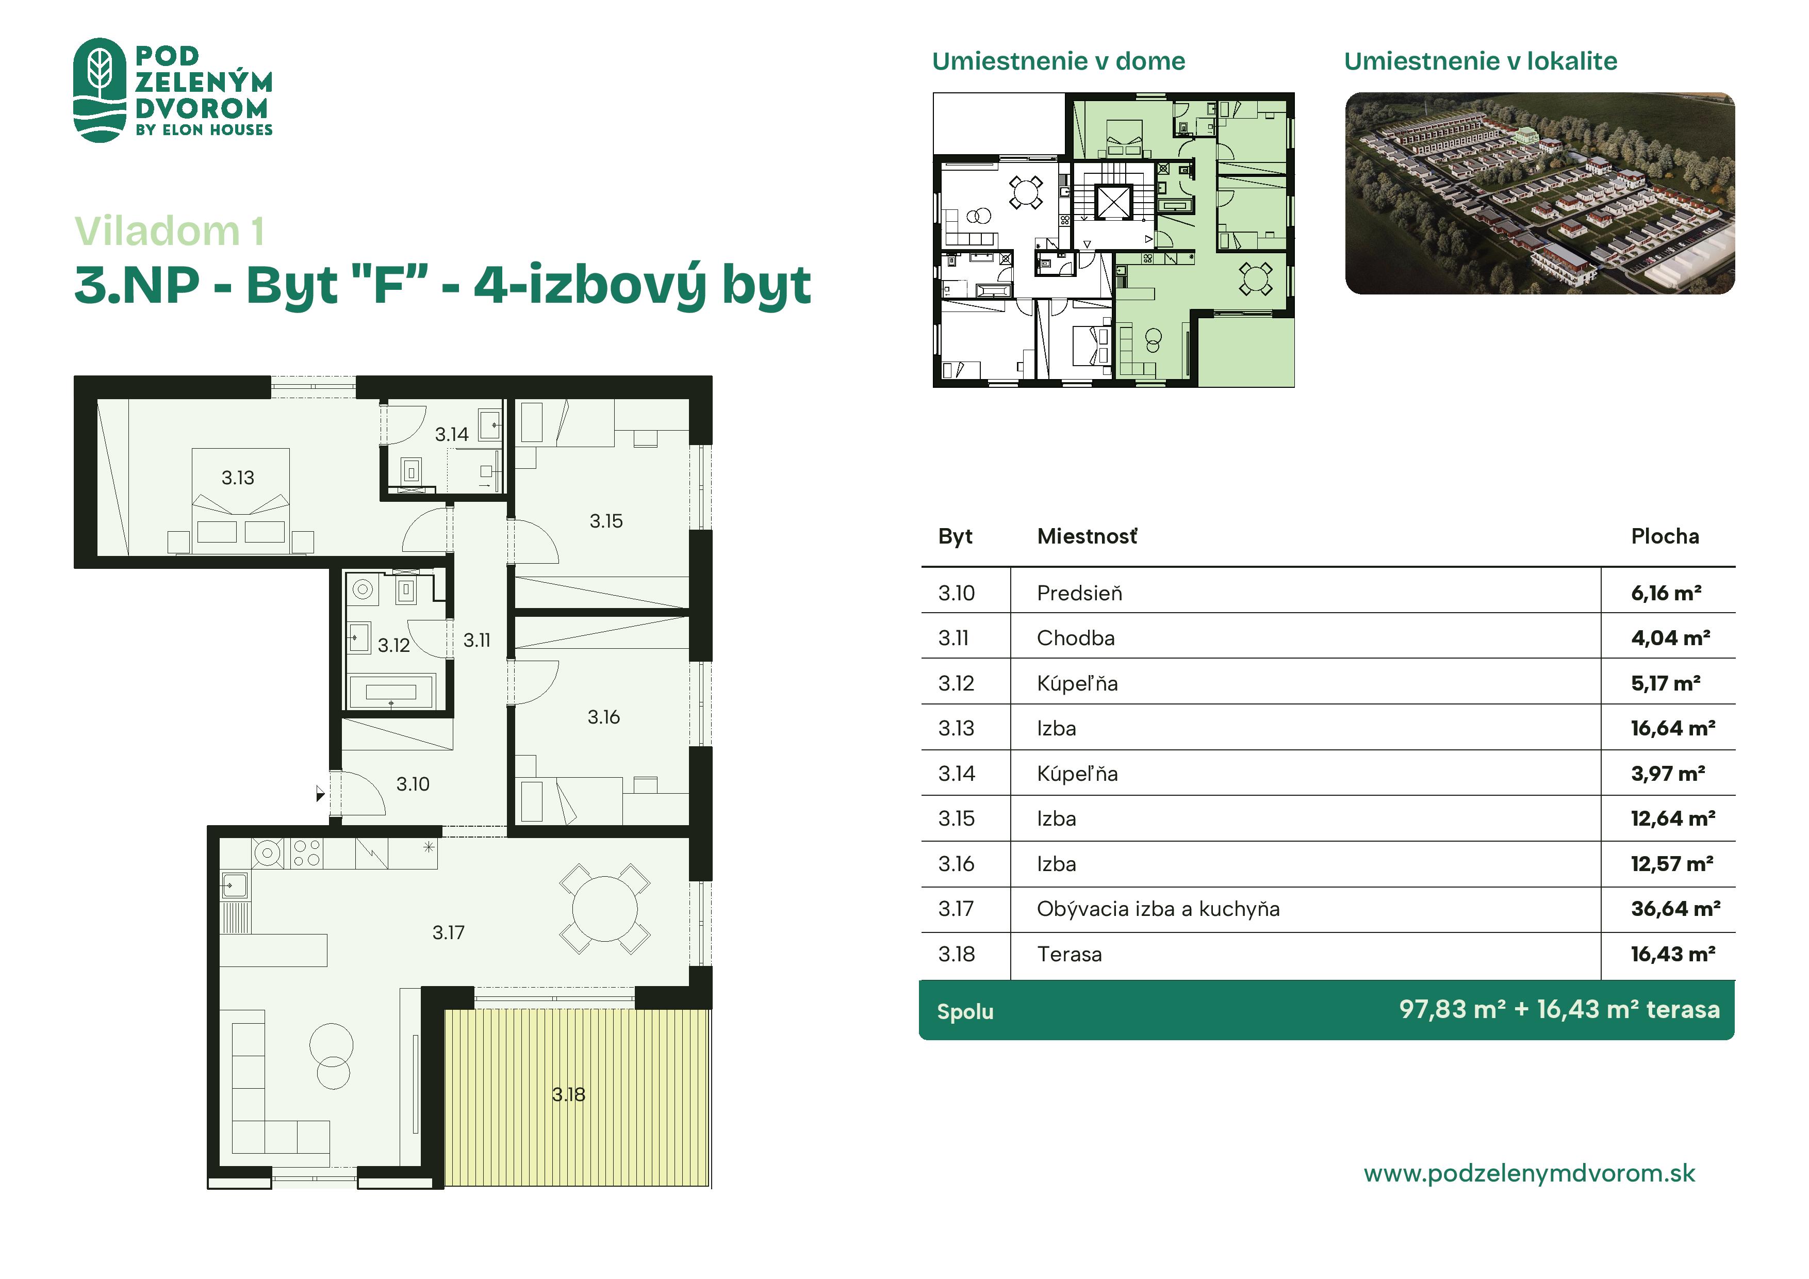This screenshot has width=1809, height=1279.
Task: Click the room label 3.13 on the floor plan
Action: coord(237,478)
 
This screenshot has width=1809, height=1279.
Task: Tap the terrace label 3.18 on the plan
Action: coord(568,1094)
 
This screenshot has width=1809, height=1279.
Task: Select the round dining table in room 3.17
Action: coord(604,909)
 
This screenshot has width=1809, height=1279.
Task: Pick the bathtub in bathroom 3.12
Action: coord(391,692)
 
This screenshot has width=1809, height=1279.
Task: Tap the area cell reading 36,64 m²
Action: coord(1675,909)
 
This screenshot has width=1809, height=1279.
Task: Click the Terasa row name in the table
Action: coord(1069,954)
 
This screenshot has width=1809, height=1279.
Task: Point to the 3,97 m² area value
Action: coord(1668,773)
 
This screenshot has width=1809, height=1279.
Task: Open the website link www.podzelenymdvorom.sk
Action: coord(1530,1173)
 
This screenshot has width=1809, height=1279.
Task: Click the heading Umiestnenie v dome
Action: coord(1058,61)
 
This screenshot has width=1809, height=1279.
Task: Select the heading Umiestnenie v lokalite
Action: coord(1481,61)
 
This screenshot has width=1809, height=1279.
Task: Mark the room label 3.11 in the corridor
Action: coord(476,640)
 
